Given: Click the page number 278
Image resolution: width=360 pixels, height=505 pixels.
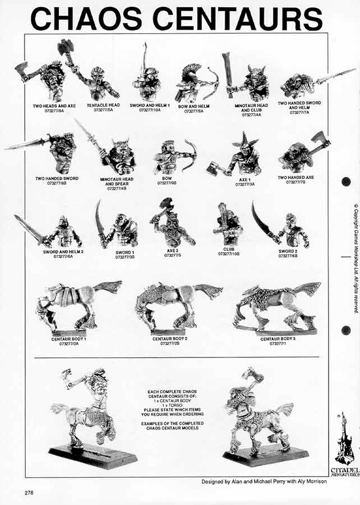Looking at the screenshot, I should tap(30, 493).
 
